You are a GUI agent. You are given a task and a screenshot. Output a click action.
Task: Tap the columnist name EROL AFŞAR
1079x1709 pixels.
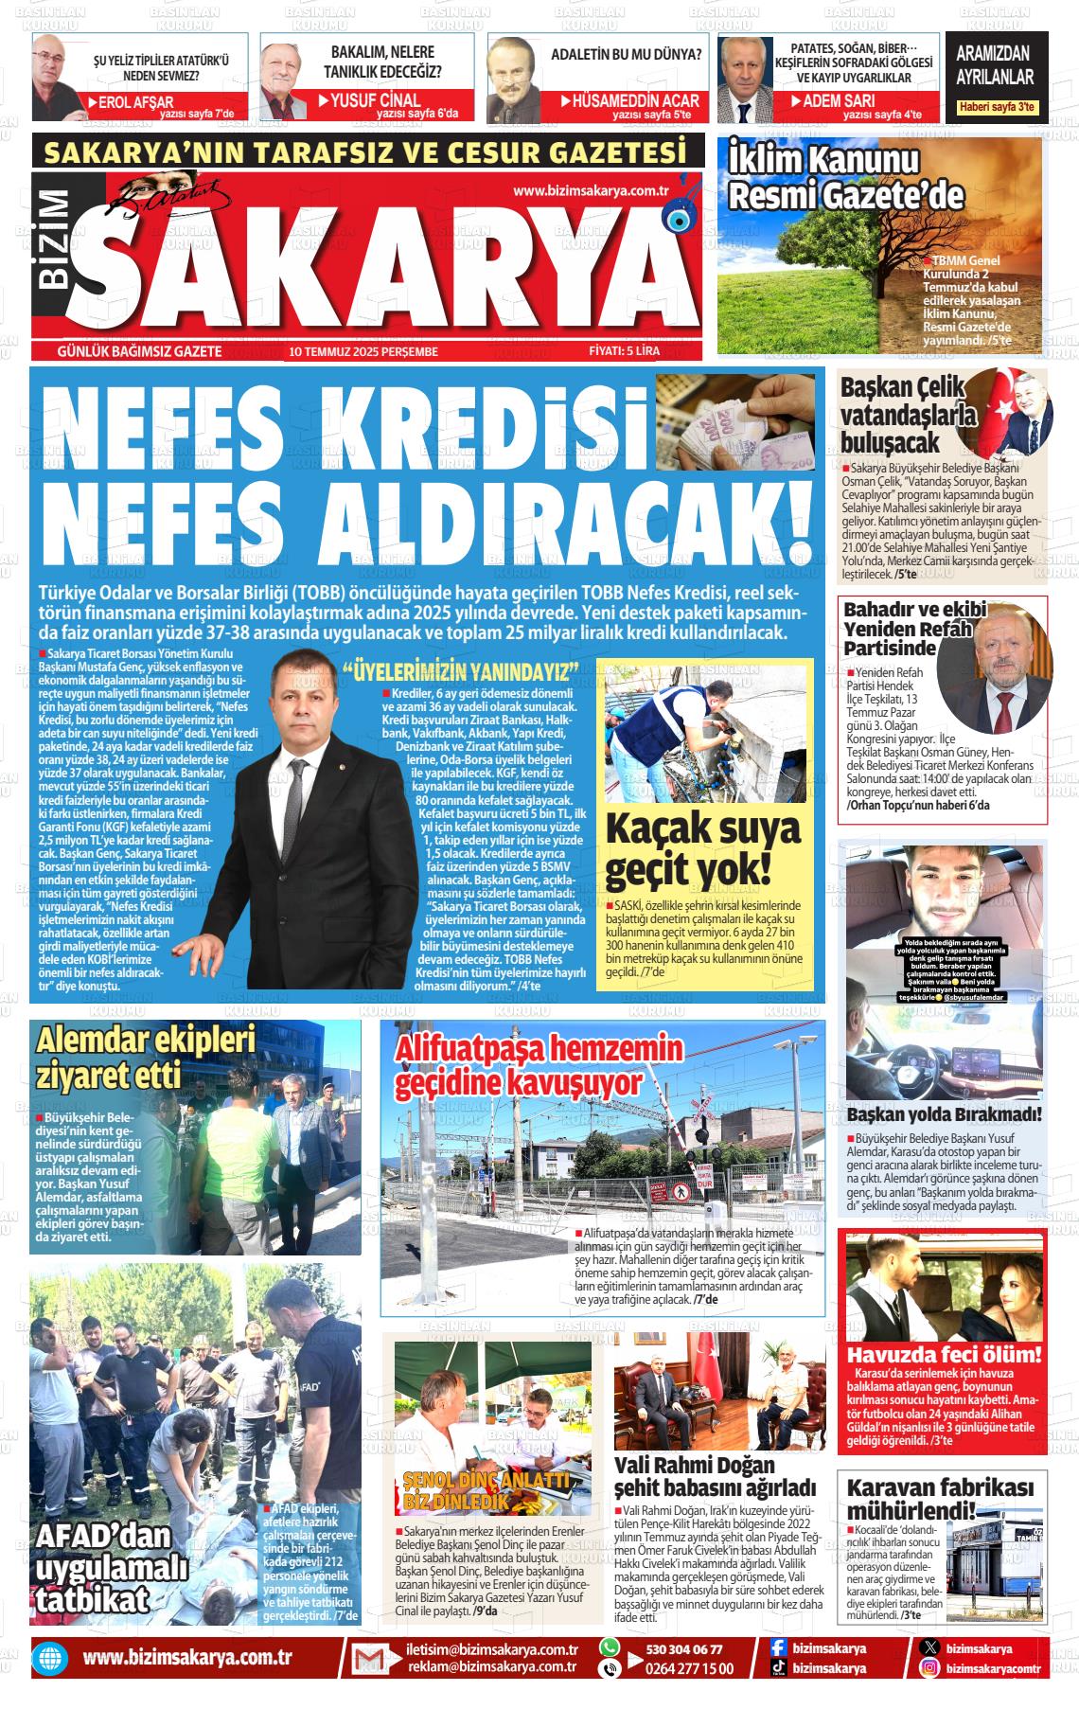[x=136, y=101]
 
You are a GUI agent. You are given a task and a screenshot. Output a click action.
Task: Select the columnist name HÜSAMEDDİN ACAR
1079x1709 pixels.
[x=635, y=100]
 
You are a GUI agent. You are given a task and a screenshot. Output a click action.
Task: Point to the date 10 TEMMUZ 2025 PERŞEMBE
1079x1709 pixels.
[x=364, y=351]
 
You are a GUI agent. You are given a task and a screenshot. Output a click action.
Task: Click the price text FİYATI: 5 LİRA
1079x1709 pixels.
[x=624, y=351]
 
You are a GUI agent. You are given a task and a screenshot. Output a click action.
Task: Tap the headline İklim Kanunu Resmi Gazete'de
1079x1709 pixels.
[x=845, y=179]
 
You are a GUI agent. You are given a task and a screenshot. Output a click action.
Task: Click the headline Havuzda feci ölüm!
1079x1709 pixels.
[x=944, y=1355]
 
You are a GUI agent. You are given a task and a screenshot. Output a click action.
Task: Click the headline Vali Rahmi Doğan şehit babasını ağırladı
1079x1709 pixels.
[x=715, y=1476]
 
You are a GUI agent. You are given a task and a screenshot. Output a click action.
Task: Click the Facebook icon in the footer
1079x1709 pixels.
[x=777, y=1648]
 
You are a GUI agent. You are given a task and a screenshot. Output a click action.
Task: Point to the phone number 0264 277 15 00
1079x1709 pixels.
[x=689, y=1668]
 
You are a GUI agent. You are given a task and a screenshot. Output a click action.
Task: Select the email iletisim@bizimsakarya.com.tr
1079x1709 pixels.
[x=492, y=1648]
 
